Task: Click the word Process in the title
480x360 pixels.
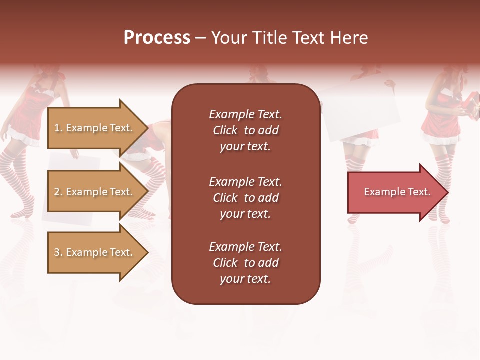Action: [157, 37]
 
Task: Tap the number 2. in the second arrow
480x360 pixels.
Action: [58, 192]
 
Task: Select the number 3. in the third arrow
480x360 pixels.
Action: [58, 252]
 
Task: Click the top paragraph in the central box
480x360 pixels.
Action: [245, 130]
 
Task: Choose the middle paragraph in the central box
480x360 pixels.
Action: [245, 198]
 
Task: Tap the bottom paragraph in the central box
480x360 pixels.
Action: [245, 263]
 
